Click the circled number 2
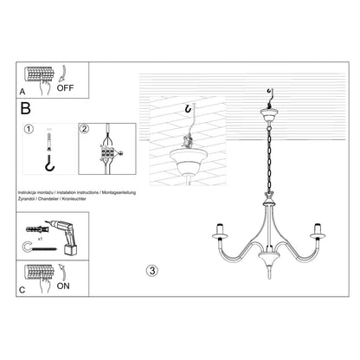pos(85,130)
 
